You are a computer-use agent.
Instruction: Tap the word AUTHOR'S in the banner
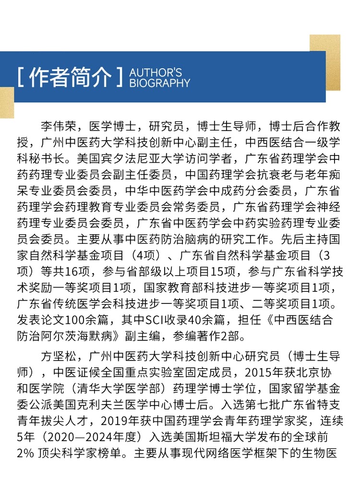(156, 72)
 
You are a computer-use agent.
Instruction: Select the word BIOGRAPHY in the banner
(160, 83)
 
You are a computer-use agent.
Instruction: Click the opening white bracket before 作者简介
(20, 77)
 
